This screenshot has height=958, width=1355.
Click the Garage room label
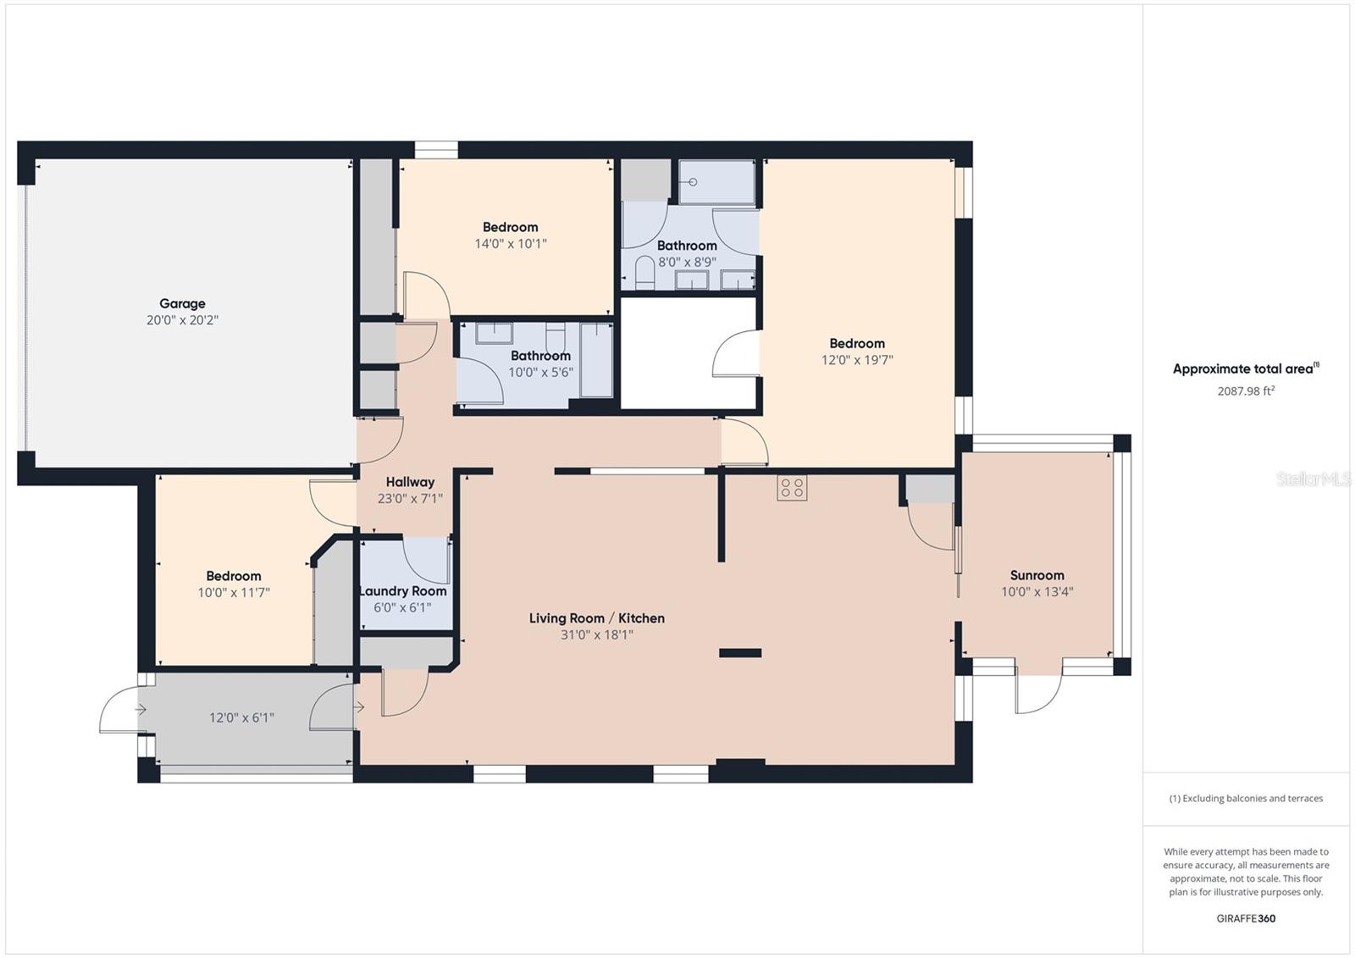[182, 304]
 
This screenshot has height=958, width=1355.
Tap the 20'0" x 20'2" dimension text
[182, 320]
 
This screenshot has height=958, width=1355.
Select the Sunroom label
[1037, 575]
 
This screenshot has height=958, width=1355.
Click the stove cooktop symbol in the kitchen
[792, 488]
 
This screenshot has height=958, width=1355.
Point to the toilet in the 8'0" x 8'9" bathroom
[644, 273]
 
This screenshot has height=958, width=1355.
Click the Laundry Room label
[403, 591]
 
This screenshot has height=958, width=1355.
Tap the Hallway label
[410, 482]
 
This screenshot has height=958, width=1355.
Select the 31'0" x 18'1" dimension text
[596, 634]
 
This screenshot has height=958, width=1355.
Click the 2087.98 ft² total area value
[1246, 391]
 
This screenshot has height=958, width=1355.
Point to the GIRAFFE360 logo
[1246, 919]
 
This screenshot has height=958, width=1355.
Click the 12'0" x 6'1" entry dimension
[241, 717]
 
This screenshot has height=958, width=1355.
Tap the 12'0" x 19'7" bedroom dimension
[857, 360]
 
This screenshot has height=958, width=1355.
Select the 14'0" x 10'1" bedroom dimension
[511, 244]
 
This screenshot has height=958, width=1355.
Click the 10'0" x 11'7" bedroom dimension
[234, 592]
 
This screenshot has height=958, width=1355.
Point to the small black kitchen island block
[740, 653]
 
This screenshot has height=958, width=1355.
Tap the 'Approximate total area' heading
[1246, 368]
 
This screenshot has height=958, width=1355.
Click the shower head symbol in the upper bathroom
[693, 181]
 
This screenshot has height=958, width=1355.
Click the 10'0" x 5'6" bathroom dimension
[541, 372]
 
